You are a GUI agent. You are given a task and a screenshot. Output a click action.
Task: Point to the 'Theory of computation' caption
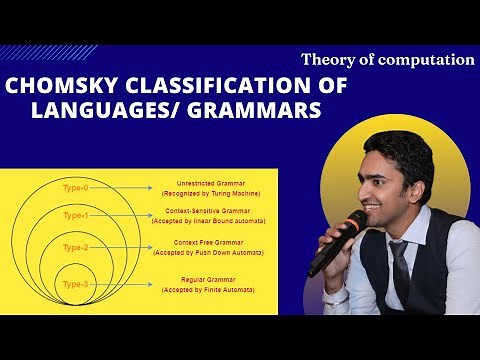387,59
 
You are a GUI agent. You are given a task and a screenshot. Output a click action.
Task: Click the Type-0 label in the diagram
76,187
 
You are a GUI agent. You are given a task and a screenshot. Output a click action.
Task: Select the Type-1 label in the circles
76,215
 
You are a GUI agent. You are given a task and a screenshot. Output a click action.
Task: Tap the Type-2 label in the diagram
76,247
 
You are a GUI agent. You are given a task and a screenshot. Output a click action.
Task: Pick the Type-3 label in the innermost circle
76,285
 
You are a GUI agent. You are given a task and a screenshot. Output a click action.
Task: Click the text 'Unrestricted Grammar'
203,183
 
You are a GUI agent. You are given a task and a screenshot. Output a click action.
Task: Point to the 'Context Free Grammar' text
204,244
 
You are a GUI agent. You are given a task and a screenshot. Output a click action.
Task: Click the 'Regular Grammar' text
204,280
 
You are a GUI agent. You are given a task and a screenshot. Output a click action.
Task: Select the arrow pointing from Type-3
125,285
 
